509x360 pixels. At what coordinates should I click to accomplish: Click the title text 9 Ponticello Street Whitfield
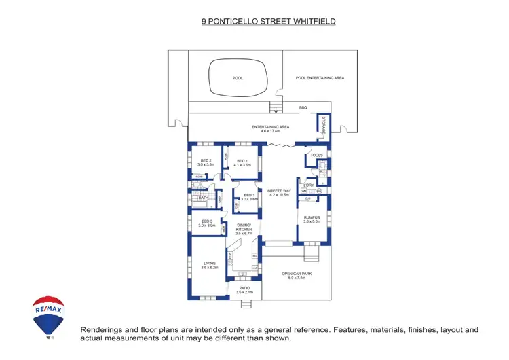coord(269,21)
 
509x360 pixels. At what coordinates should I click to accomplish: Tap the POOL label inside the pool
coord(238,78)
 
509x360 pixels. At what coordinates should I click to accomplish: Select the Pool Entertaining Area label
coord(320,78)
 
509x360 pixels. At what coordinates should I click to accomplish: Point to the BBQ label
coord(303,108)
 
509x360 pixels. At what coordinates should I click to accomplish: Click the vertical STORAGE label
coord(324,126)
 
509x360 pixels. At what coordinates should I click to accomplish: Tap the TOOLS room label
coord(316,156)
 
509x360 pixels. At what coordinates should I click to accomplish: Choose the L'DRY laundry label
coord(309,185)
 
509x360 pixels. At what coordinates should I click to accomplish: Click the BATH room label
coord(203,198)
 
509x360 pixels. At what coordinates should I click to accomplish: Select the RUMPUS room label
coord(312,218)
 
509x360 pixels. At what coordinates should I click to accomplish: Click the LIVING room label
coord(208,264)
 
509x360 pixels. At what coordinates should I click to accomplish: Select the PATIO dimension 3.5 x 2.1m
coord(244,292)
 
